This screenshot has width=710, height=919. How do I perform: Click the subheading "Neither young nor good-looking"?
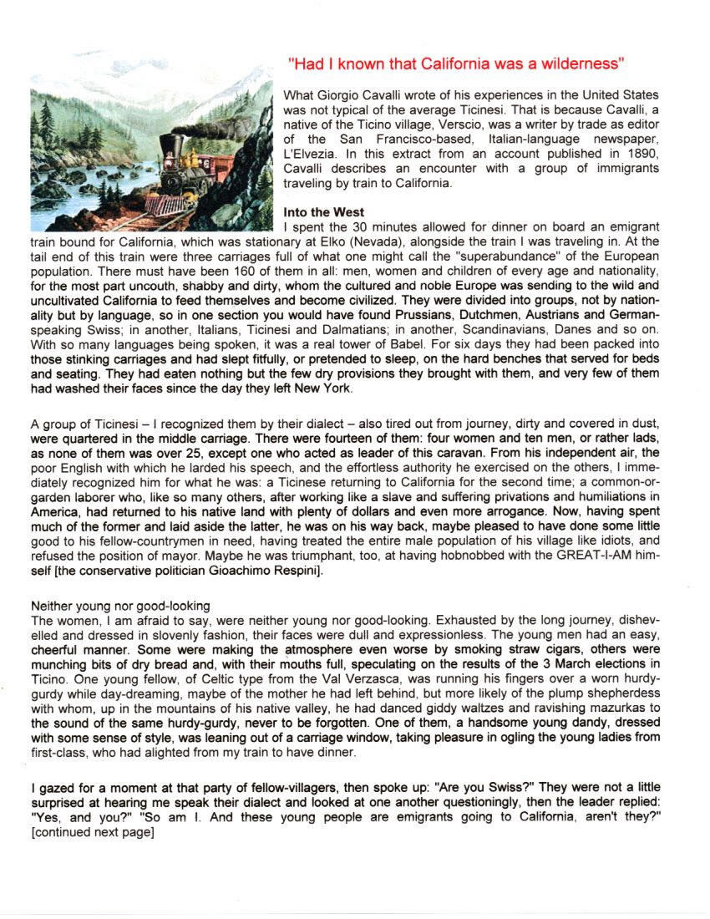click(119, 605)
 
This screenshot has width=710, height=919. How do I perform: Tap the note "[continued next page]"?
click(93, 832)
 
